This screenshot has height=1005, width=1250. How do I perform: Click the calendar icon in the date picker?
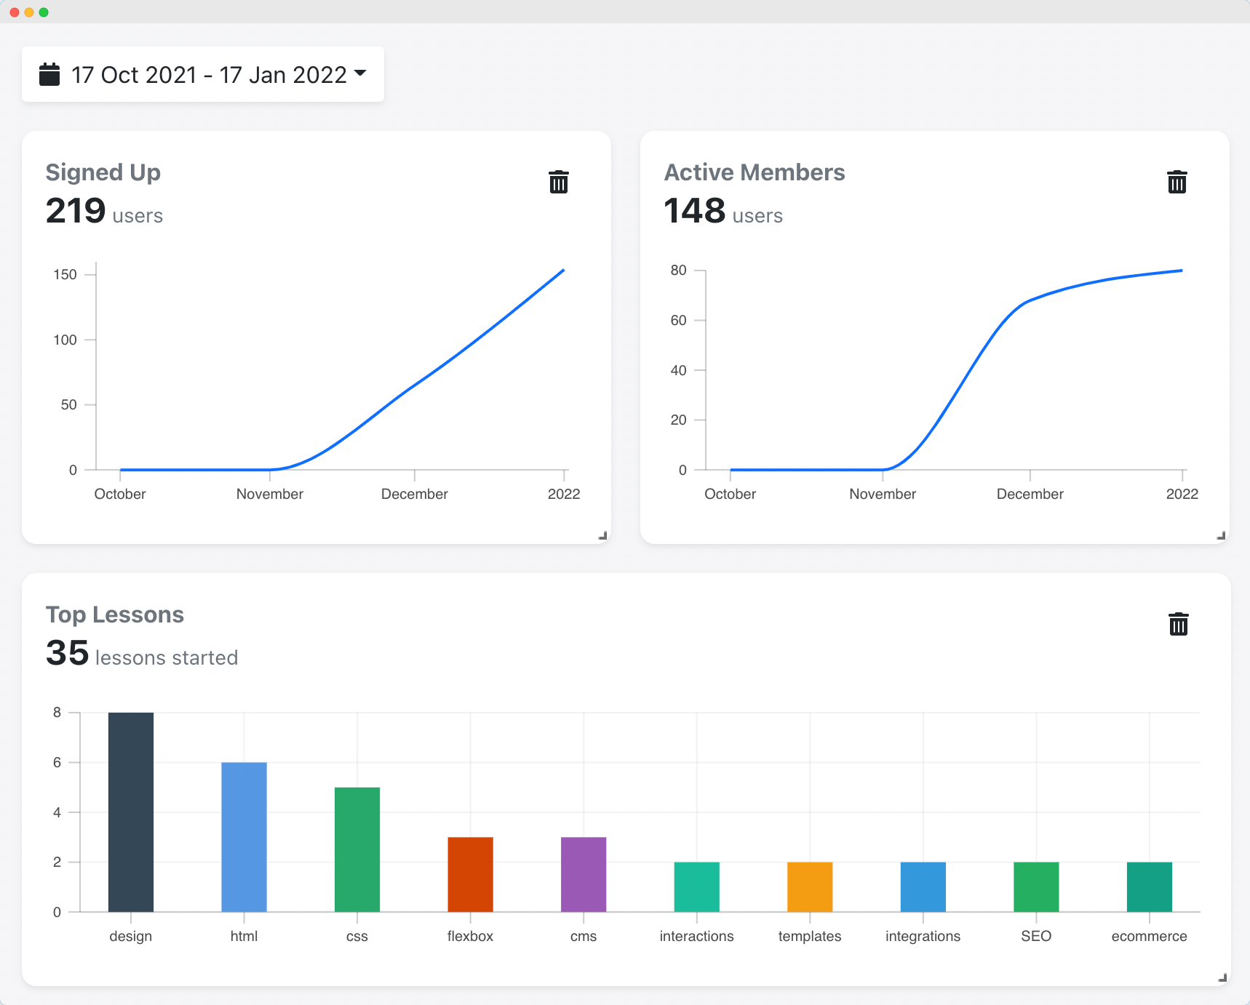click(x=49, y=74)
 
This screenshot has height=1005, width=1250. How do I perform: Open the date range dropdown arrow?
click(x=360, y=73)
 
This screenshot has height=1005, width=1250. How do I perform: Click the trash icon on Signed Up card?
click(x=558, y=182)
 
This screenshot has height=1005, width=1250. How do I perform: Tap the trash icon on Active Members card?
click(x=1177, y=182)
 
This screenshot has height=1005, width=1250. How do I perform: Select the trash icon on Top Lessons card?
click(x=1178, y=624)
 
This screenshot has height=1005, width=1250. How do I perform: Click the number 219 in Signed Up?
click(x=76, y=211)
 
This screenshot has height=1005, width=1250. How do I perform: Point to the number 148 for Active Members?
click(x=694, y=211)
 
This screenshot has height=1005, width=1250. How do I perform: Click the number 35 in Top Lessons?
click(x=67, y=653)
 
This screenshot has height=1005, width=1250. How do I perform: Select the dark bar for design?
click(x=131, y=812)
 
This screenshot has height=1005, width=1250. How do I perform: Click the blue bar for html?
click(x=244, y=836)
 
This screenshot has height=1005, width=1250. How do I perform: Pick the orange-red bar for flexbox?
click(x=470, y=874)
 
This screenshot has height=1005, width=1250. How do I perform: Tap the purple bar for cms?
click(x=584, y=874)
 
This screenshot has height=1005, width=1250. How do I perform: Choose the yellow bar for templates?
click(x=810, y=886)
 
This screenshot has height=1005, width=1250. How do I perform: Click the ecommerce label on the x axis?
click(x=1149, y=936)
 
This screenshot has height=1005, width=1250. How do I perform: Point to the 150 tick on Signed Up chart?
click(x=65, y=274)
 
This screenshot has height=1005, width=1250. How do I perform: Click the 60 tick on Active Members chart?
click(x=678, y=320)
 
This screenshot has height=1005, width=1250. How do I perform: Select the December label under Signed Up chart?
click(x=414, y=494)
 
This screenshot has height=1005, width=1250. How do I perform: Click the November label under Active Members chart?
click(x=882, y=494)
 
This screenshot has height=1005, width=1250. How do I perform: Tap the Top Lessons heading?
click(x=115, y=614)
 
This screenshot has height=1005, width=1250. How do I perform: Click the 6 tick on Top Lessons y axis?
click(x=57, y=762)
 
